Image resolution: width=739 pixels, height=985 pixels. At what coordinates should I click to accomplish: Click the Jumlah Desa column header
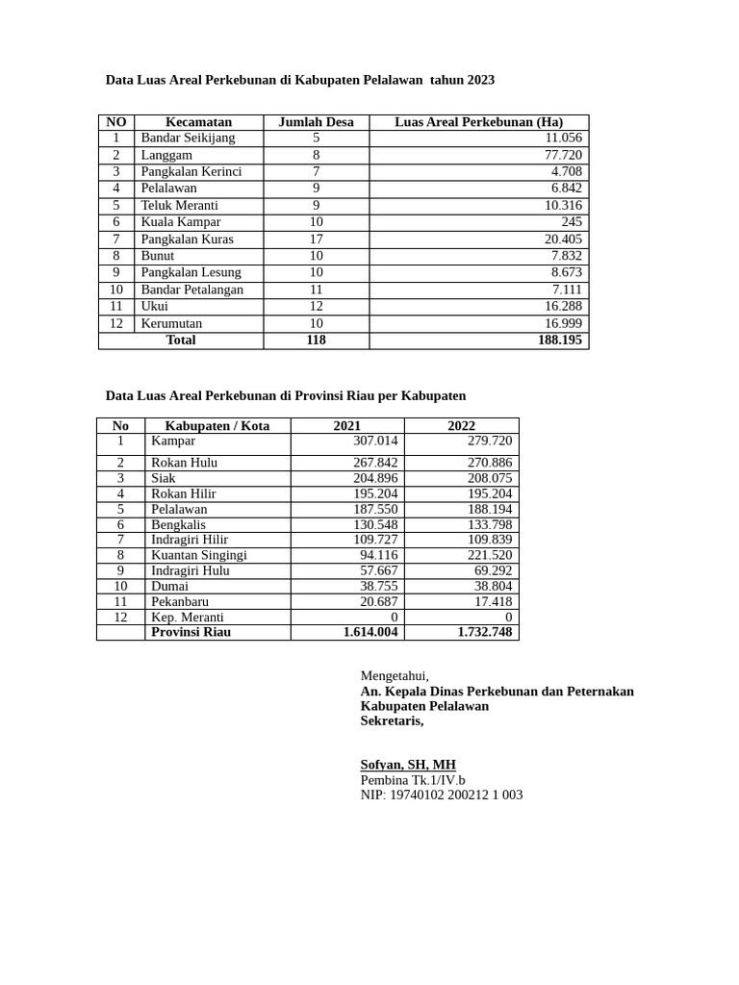[x=316, y=122]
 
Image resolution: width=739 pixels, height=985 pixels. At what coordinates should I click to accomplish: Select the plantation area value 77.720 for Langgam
[x=563, y=155]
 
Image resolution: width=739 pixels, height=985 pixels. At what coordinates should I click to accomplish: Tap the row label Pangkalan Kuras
[x=187, y=240]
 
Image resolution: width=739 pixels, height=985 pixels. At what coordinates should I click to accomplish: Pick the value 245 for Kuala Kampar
[x=572, y=222]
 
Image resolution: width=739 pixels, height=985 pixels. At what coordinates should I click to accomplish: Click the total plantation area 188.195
[x=559, y=341]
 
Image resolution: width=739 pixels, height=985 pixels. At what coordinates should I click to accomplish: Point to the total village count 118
[x=316, y=341]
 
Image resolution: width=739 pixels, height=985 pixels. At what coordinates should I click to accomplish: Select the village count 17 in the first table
[x=316, y=240]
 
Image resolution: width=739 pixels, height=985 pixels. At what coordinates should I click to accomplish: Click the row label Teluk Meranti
[x=179, y=206]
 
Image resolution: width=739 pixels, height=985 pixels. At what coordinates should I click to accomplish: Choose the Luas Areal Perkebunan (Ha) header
[x=478, y=122]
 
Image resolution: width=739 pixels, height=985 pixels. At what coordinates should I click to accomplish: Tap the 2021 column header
[x=347, y=426]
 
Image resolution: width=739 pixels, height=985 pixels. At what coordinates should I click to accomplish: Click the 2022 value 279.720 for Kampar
[x=490, y=442]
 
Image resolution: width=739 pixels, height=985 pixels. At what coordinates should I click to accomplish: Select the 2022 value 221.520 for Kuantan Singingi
[x=490, y=555]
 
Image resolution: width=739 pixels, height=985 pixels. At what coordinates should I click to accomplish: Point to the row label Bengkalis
[x=178, y=524]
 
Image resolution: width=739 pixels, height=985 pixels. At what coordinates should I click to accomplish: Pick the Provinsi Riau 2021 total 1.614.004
[x=370, y=632]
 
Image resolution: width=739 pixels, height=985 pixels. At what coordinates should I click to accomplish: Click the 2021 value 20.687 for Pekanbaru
[x=378, y=601]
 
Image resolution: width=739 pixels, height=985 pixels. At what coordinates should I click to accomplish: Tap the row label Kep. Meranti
[x=187, y=617]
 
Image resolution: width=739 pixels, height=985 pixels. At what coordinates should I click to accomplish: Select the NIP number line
[x=442, y=796]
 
